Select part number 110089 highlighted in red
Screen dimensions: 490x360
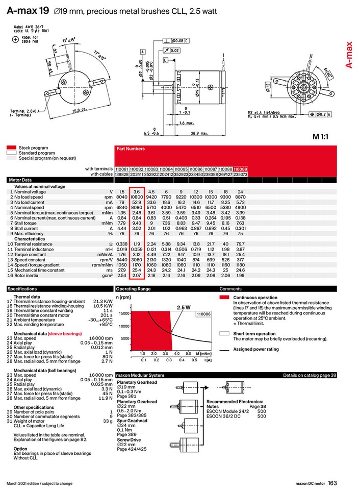pyautogui.click(x=240, y=168)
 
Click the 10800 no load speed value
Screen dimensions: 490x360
pyautogui.click(x=137, y=196)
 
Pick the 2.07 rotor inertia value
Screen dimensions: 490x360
pyautogui.click(x=137, y=275)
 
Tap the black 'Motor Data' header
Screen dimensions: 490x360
pyautogui.click(x=19, y=180)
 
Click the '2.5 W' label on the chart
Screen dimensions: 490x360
pyautogui.click(x=184, y=308)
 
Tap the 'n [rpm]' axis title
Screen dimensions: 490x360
pyautogui.click(x=124, y=297)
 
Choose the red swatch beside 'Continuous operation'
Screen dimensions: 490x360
pyautogui.click(x=224, y=297)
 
